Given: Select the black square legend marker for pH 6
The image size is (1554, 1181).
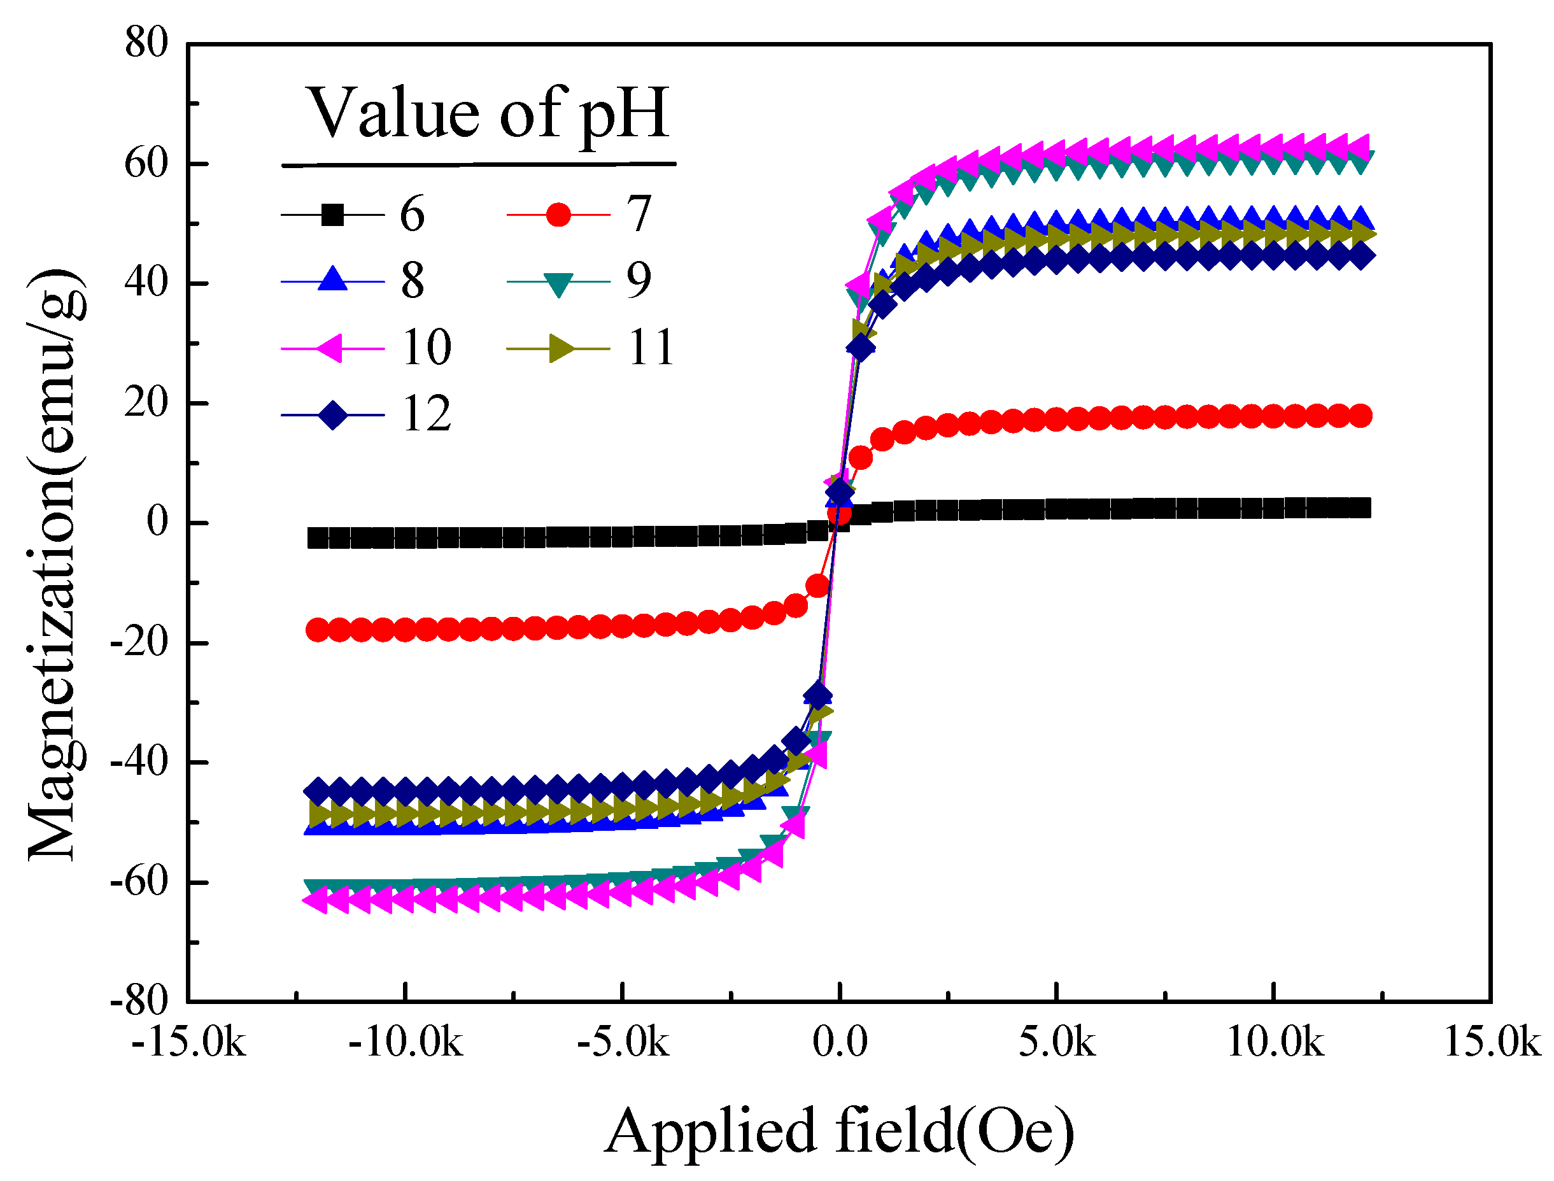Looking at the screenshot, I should point(332,215).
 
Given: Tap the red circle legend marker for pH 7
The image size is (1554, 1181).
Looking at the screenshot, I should point(558,215).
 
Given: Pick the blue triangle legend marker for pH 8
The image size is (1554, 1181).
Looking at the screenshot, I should point(332,279).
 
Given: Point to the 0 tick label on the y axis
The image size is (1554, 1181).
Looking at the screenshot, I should point(157,521).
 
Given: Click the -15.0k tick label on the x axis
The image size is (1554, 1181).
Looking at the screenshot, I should point(188,1042).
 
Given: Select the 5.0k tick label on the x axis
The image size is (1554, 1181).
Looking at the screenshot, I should point(1056,1042).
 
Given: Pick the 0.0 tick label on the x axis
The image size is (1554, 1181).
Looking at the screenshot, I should point(839,1042).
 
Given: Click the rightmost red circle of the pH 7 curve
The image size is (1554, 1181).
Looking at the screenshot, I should point(1360,416).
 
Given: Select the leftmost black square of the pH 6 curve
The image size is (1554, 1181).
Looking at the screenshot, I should point(318,538).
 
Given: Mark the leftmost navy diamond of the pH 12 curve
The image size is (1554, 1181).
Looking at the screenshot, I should point(318,791).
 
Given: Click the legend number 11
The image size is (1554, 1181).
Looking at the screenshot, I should point(651,347).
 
